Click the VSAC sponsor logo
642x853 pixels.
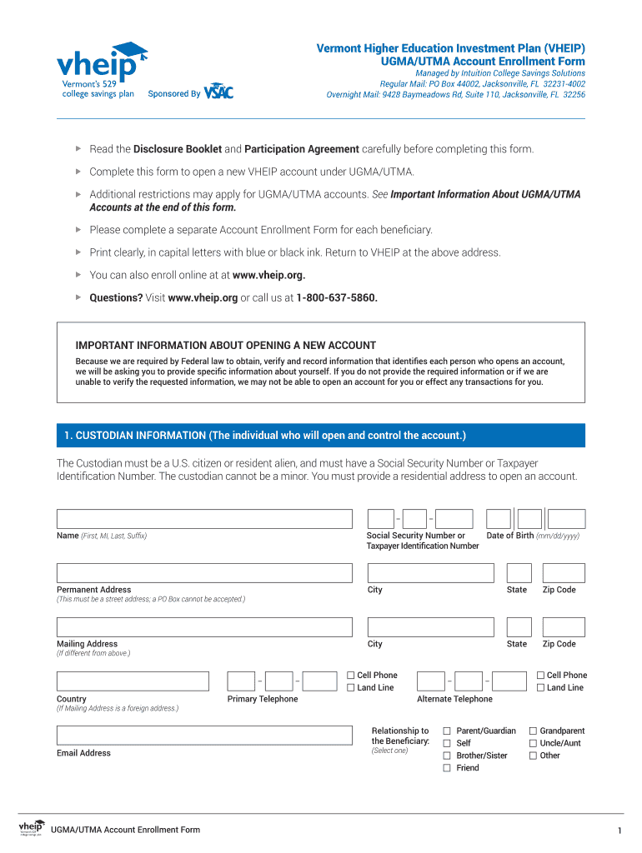pyautogui.click(x=218, y=91)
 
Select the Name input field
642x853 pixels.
pyautogui.click(x=204, y=519)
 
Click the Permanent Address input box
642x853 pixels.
pyautogui.click(x=204, y=573)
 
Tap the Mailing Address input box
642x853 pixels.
pyautogui.click(x=204, y=627)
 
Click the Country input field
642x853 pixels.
pyautogui.click(x=133, y=681)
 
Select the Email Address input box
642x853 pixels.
pyautogui.click(x=204, y=735)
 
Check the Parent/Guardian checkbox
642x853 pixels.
pyautogui.click(x=447, y=731)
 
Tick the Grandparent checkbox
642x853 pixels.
pyautogui.click(x=533, y=731)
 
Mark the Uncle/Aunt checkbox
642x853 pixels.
pyautogui.click(x=533, y=743)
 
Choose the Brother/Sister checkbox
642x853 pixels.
pyautogui.click(x=447, y=756)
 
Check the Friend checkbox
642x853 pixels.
pyautogui.click(x=447, y=768)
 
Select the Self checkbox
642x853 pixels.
pyautogui.click(x=447, y=743)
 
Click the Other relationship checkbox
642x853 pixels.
pyautogui.click(x=533, y=756)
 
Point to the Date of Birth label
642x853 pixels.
pyautogui.click(x=510, y=536)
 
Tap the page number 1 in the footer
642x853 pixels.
pyautogui.click(x=619, y=831)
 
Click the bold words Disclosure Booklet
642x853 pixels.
pyautogui.click(x=178, y=149)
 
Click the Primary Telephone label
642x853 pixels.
pyautogui.click(x=263, y=699)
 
